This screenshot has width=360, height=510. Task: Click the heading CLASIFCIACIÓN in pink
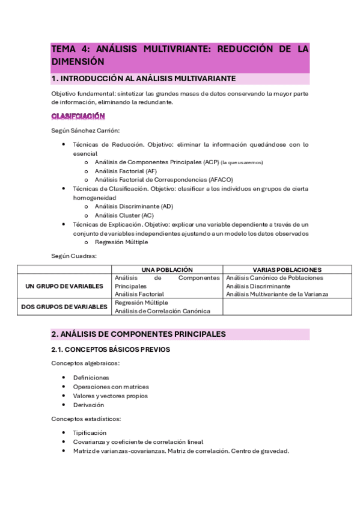pyautogui.click(x=78, y=116)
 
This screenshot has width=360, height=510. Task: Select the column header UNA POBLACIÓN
pyautogui.click(x=166, y=269)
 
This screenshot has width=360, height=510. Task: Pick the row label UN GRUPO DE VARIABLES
pyautogui.click(x=64, y=286)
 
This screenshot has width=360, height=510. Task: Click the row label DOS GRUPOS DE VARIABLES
pyautogui.click(x=64, y=307)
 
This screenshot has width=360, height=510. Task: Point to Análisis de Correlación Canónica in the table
pyautogui.click(x=162, y=311)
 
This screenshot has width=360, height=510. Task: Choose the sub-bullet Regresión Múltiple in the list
pyautogui.click(x=121, y=242)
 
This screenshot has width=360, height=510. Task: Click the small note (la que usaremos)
pyautogui.click(x=242, y=162)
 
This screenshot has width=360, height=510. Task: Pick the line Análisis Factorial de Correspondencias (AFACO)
pyautogui.click(x=163, y=179)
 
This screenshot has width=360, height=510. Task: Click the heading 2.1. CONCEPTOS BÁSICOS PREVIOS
pyautogui.click(x=111, y=349)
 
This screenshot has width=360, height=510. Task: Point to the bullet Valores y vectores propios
pyautogui.click(x=110, y=396)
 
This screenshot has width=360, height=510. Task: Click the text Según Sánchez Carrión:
pyautogui.click(x=85, y=131)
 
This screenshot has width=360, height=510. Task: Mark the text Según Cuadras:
pyautogui.click(x=74, y=256)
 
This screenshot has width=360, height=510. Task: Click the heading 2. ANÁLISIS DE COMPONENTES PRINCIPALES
pyautogui.click(x=138, y=334)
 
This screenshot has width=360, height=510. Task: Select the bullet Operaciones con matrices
pyautogui.click(x=111, y=387)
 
